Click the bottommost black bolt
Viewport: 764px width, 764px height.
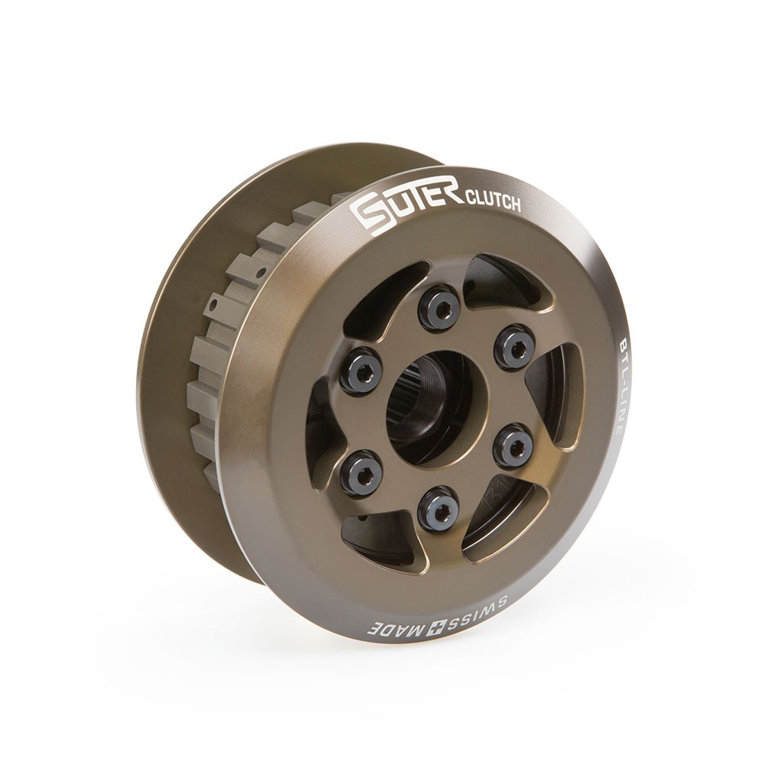pyautogui.click(x=439, y=509)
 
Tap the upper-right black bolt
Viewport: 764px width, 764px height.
pyautogui.click(x=514, y=347)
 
